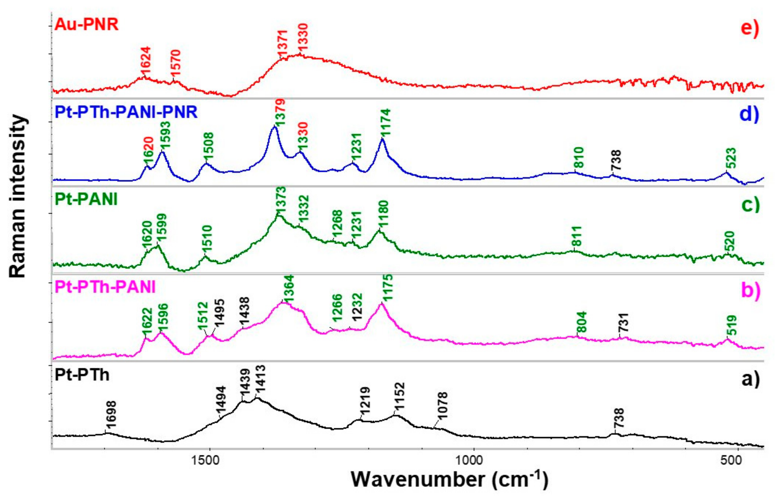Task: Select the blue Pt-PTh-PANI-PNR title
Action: tap(126, 112)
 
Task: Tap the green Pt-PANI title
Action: tap(86, 199)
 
